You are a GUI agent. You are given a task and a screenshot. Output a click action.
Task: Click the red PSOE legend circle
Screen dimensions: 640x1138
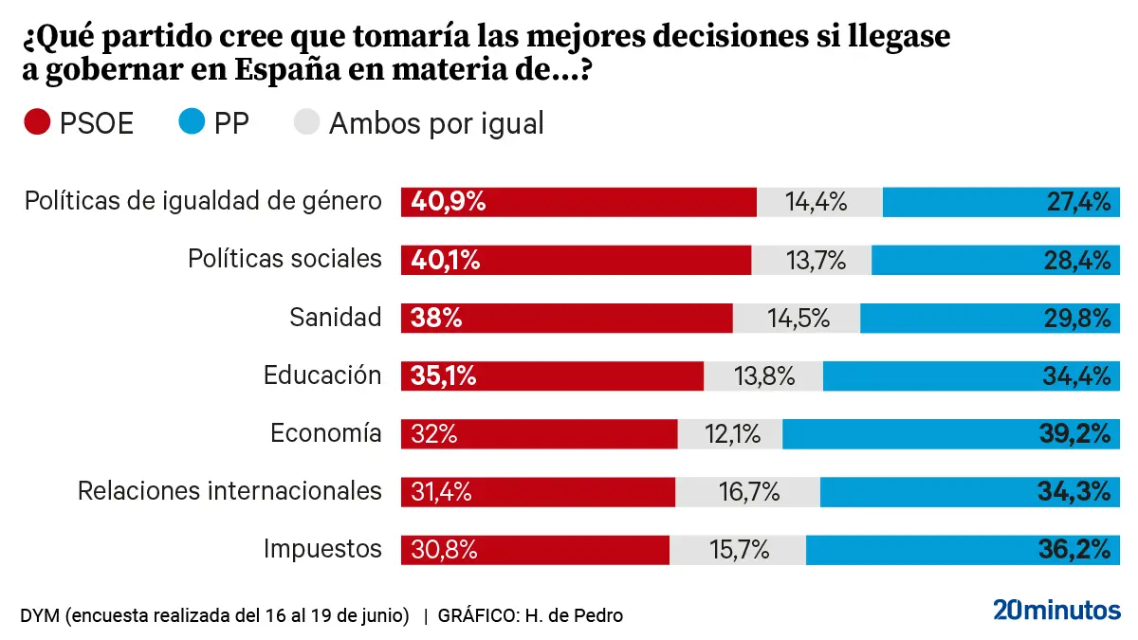(37, 122)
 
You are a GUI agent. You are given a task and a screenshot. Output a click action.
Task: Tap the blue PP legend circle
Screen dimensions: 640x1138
(191, 122)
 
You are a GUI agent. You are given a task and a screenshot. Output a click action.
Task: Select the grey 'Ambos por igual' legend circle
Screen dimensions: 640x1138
(306, 122)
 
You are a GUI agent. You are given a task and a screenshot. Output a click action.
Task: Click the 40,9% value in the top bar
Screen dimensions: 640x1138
(449, 202)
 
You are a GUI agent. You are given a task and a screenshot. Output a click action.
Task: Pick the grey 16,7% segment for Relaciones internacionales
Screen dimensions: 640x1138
(747, 492)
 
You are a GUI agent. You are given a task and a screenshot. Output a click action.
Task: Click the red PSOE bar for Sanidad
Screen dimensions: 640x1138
(567, 319)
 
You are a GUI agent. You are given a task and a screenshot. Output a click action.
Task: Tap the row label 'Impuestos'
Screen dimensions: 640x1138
(322, 549)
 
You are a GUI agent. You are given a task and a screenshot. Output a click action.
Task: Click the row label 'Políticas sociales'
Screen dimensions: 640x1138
(284, 259)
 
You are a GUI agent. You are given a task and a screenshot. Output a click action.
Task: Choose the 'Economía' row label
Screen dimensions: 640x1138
(325, 433)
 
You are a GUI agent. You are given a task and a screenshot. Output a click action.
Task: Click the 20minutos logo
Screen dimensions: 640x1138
(1056, 610)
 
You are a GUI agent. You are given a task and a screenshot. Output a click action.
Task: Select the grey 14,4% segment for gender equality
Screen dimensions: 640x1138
(819, 202)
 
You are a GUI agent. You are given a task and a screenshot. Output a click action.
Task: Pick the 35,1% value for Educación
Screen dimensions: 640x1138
(444, 376)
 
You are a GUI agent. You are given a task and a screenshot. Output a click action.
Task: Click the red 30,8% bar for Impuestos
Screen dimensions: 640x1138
(535, 550)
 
